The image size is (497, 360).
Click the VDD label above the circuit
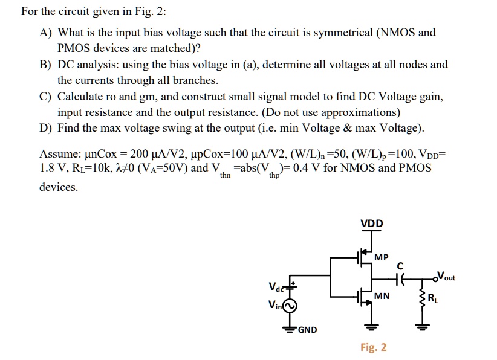coord(371,223)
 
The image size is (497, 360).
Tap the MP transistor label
coord(381,258)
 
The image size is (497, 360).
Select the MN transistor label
coord(382,296)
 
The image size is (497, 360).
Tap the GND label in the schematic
coord(307,330)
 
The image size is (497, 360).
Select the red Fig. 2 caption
coord(373,347)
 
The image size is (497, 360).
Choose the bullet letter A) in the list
coord(46,33)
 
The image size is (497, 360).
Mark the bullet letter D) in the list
coord(46,128)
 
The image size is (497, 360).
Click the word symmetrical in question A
coord(339,33)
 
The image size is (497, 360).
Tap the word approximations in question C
coord(359,112)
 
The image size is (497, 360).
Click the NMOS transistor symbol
coord(365,297)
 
